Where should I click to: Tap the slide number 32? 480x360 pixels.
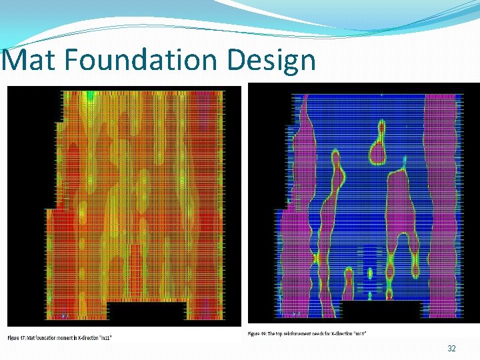(451, 349)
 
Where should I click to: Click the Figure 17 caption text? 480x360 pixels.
(60, 337)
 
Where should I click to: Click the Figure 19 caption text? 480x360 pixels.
(307, 333)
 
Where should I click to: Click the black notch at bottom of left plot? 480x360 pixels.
(147, 312)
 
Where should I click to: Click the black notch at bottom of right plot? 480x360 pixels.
(381, 309)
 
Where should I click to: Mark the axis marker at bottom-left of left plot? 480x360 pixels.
(65, 315)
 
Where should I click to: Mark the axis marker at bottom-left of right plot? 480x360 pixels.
(295, 313)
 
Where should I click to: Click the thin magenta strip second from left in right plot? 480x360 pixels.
(329, 220)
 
